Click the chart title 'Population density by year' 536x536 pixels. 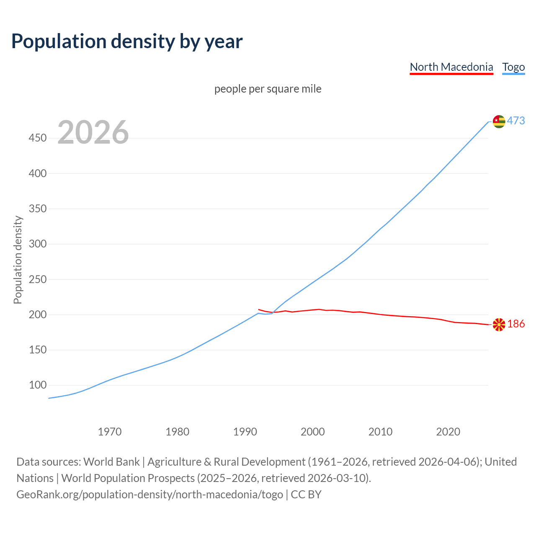(x=127, y=41)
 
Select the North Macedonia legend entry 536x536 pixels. (x=451, y=67)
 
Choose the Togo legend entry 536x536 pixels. (x=513, y=67)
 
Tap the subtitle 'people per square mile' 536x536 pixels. (x=268, y=89)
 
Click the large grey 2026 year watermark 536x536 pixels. (x=93, y=132)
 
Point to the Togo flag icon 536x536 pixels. (x=499, y=121)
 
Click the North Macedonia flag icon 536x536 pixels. (x=499, y=325)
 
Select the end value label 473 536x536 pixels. (x=516, y=121)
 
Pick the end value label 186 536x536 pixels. (x=516, y=324)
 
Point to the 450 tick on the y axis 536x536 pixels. (x=38, y=138)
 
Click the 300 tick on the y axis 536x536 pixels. (x=38, y=244)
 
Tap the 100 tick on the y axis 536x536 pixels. (x=38, y=385)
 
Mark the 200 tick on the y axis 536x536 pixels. (x=38, y=314)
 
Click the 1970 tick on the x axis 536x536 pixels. (x=110, y=432)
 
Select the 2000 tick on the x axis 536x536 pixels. (x=313, y=432)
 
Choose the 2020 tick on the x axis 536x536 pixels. (x=448, y=432)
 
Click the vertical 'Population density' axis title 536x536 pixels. (x=18, y=260)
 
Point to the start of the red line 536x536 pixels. (x=259, y=309)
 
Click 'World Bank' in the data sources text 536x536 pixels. (x=111, y=462)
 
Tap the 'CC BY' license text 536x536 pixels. (x=306, y=495)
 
